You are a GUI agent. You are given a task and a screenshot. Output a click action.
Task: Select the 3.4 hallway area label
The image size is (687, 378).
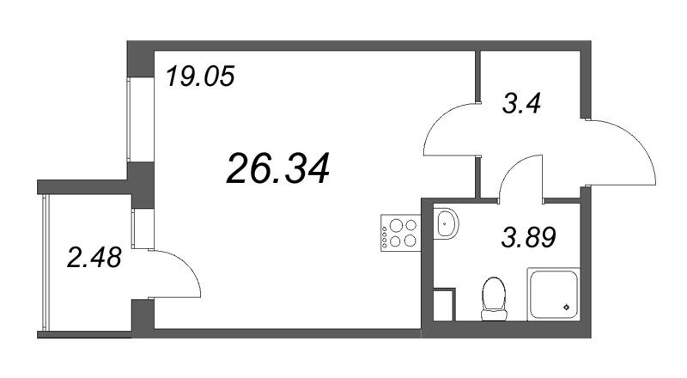coord(523,107)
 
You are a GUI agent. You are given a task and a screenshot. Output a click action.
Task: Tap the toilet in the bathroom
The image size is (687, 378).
coord(492,296)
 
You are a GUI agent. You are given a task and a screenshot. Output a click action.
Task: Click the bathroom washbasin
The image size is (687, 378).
coord(447,225)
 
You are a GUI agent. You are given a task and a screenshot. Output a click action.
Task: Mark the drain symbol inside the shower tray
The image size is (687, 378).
coord(565,307)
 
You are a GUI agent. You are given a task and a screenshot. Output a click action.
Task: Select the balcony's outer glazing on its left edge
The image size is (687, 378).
coord(44,262)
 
